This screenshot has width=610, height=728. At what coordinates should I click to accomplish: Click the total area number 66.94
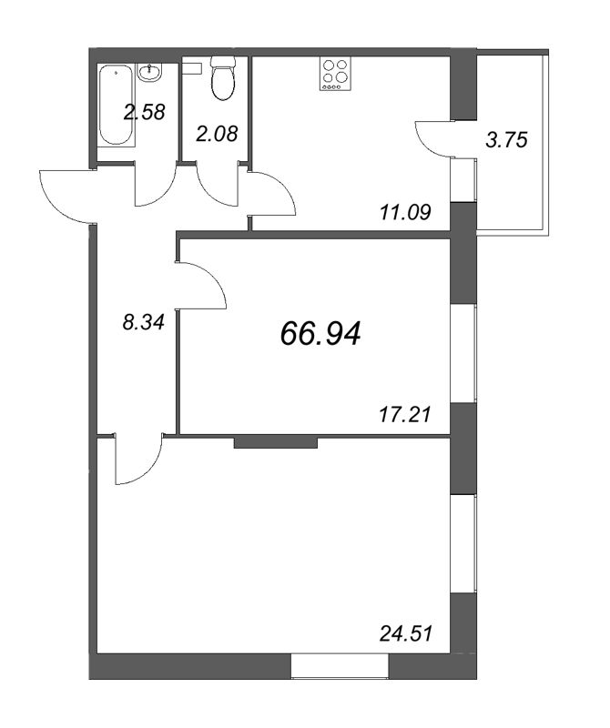320,334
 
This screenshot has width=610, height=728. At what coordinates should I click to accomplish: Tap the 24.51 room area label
406,632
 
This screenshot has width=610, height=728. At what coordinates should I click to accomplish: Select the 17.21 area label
405,414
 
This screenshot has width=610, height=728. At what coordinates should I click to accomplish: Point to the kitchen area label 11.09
405,213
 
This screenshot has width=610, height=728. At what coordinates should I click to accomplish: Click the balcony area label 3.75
506,140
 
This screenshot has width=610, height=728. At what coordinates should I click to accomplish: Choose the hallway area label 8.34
144,322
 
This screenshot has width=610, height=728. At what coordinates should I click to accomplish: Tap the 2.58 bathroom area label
145,112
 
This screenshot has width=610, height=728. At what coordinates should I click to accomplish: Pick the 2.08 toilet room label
217,134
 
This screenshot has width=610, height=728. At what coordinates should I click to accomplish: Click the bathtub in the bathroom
117,106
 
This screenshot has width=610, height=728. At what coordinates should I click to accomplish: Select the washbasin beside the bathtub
149,73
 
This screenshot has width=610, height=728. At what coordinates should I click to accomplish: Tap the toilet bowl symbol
223,78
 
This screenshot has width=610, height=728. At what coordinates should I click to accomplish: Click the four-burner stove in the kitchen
335,74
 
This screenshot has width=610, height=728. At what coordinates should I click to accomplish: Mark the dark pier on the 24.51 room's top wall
276,442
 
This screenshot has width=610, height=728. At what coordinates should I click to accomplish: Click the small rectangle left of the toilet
192,68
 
